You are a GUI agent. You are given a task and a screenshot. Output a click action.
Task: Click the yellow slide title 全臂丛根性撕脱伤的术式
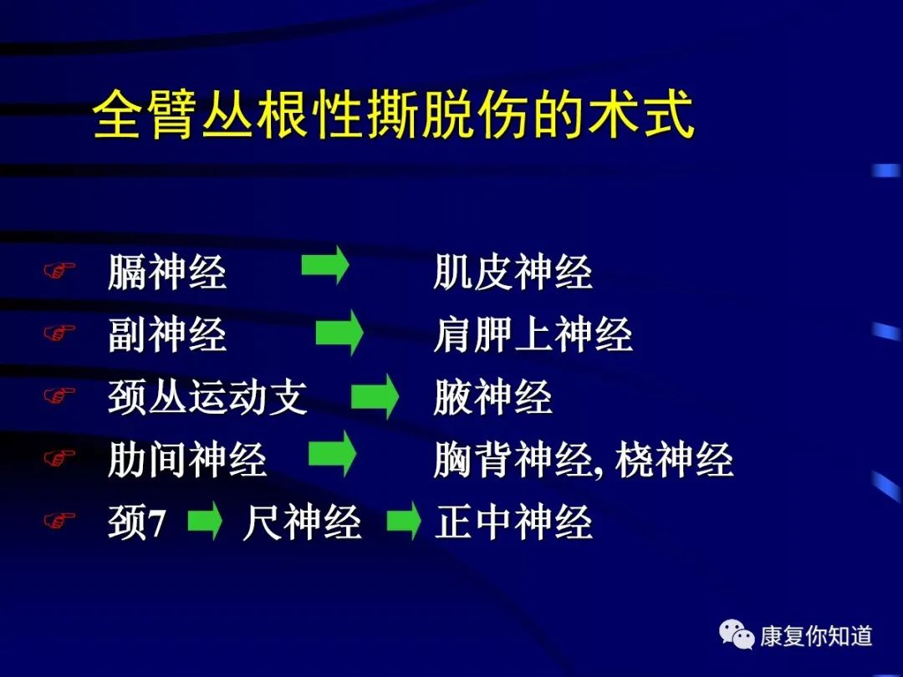click(x=393, y=114)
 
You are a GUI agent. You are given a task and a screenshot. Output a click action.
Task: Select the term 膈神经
click(x=167, y=272)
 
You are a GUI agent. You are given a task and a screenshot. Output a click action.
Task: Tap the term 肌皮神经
click(x=513, y=272)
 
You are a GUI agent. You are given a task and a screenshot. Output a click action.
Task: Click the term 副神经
click(x=167, y=334)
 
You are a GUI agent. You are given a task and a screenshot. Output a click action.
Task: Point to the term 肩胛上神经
click(x=533, y=334)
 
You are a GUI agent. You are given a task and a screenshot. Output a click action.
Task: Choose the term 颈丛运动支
click(x=207, y=397)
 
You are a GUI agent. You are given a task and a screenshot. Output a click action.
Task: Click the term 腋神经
click(x=493, y=397)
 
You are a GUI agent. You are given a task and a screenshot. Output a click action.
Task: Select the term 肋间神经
click(x=187, y=460)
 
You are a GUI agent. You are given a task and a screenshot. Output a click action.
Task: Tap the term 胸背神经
click(x=513, y=460)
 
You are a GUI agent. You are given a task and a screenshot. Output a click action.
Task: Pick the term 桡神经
click(x=674, y=460)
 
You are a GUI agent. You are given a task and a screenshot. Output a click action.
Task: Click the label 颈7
click(x=137, y=522)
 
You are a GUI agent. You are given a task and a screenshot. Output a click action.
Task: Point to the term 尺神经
click(x=302, y=522)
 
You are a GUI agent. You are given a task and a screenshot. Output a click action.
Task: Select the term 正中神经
click(x=513, y=522)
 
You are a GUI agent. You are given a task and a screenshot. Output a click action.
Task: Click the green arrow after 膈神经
click(x=325, y=265)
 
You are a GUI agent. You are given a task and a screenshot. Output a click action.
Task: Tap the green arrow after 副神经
click(x=339, y=332)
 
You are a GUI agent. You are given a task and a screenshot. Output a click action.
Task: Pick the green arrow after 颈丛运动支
click(x=375, y=396)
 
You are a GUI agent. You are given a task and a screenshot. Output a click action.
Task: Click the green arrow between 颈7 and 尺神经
click(x=205, y=521)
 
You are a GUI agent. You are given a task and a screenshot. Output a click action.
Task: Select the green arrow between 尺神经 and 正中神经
click(x=404, y=521)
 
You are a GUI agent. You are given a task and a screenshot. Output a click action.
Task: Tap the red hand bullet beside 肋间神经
click(x=59, y=458)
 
